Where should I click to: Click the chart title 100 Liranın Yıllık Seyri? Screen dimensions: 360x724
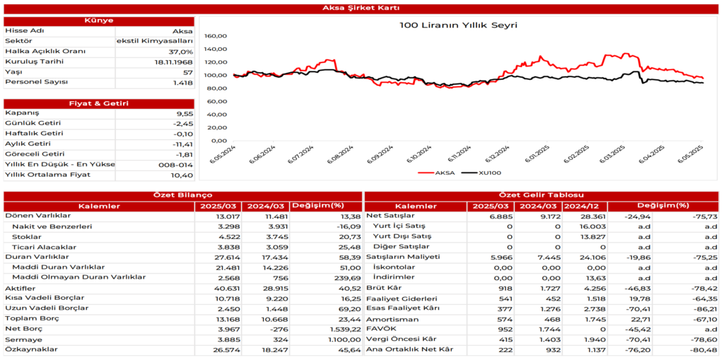tap(458, 25)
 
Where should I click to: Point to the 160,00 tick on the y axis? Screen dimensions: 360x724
tap(215, 36)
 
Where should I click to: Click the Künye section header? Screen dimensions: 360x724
tap(98, 21)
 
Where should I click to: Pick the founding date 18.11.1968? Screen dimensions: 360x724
tap(173, 62)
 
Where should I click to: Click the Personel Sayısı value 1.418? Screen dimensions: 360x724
tap(182, 83)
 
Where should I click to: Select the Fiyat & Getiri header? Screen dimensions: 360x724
tap(98, 103)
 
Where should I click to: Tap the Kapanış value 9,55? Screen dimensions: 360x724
tap(184, 113)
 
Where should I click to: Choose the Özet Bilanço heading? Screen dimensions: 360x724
tap(182, 195)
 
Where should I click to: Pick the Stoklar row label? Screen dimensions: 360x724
tap(28, 237)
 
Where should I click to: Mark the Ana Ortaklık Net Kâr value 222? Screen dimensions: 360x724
tap(501, 349)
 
